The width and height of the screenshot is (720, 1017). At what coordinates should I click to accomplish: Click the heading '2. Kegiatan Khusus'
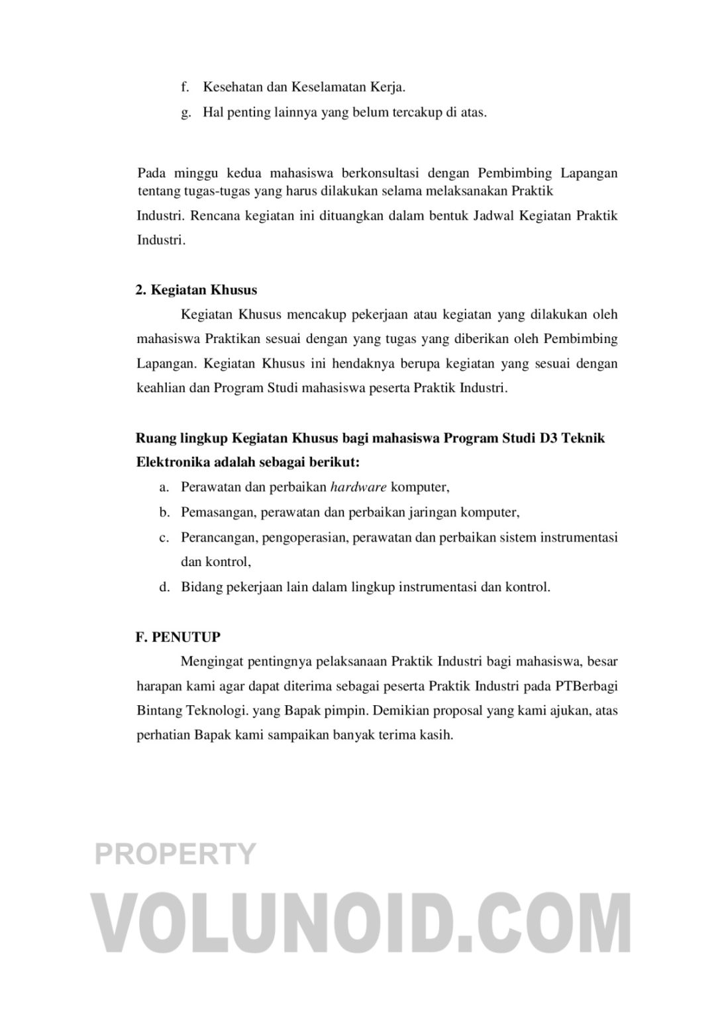tap(196, 290)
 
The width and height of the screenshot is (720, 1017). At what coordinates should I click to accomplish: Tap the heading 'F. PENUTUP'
tap(178, 637)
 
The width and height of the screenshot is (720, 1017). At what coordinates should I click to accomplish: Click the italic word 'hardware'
tap(358, 487)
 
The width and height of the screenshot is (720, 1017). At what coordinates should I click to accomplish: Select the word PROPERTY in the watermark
tap(175, 853)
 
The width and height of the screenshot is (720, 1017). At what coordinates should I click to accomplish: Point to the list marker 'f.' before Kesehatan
tap(185, 87)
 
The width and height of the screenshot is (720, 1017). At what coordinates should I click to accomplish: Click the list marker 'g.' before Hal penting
tap(185, 113)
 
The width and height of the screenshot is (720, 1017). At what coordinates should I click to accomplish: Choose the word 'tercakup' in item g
tap(416, 113)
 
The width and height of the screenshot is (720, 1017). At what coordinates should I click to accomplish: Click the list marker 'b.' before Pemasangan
tap(164, 512)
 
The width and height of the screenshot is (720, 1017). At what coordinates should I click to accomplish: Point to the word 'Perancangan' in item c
tap(218, 537)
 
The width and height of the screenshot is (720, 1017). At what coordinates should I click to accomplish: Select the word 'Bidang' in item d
tap(201, 587)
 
